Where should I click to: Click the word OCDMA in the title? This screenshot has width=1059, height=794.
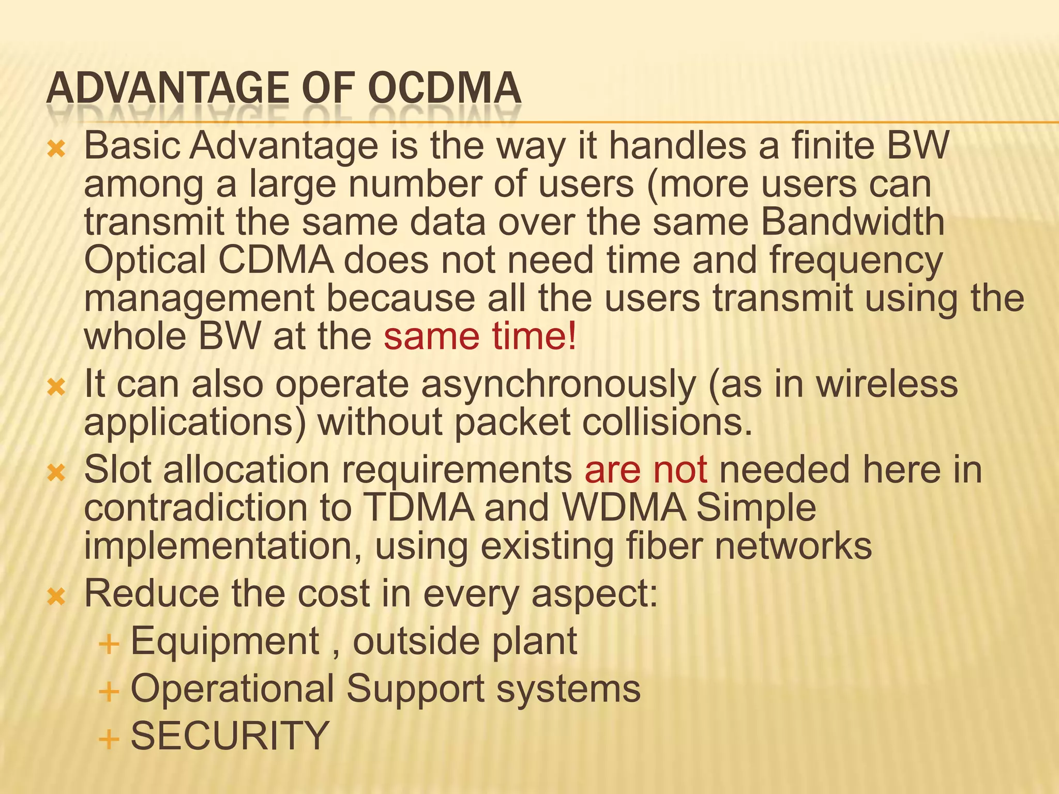(446, 88)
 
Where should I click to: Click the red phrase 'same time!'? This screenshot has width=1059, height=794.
(479, 337)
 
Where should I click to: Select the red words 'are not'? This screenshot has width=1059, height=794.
(645, 470)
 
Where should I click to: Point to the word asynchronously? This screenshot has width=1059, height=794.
(558, 385)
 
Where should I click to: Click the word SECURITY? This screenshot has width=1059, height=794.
(230, 736)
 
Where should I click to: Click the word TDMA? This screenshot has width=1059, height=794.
(418, 508)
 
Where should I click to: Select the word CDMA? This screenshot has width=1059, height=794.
(276, 261)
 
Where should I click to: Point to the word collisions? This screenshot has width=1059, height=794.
(667, 423)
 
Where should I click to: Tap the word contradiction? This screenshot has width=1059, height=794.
(195, 508)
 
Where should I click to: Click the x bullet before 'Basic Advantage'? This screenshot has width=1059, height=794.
(56, 150)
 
